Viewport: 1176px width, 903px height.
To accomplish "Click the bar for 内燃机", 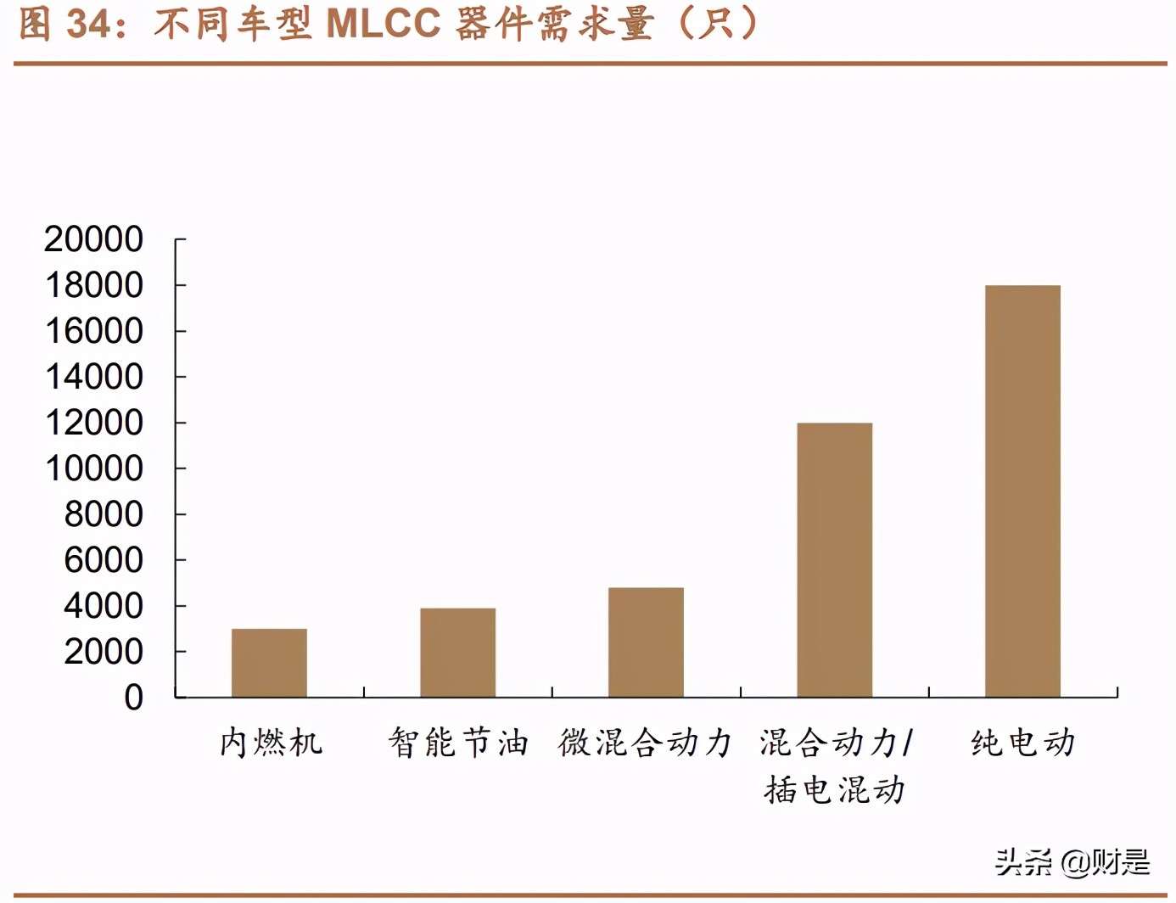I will (x=269, y=663).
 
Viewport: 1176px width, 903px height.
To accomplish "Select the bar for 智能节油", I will (x=457, y=653).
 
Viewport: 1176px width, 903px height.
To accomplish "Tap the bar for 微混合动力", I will (x=646, y=642).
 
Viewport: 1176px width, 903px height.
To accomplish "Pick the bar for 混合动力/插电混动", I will (x=834, y=560).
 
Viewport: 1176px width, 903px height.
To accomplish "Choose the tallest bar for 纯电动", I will (x=1022, y=491).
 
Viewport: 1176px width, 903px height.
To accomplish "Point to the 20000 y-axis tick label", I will (x=93, y=239).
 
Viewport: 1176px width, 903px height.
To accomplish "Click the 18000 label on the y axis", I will (x=93, y=285).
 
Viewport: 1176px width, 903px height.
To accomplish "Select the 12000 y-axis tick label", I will (x=93, y=423).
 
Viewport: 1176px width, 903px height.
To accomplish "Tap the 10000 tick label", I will (x=93, y=468).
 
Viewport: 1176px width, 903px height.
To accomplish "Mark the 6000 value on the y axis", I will (x=103, y=560).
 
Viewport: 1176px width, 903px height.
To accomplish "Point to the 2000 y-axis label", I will (x=103, y=652).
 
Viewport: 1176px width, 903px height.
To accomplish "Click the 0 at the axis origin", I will (x=133, y=698).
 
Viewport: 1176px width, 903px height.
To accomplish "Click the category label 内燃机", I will (x=271, y=743).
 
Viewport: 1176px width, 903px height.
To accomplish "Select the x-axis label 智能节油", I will (x=458, y=743).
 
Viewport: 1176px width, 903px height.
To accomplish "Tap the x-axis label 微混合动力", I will (x=645, y=743).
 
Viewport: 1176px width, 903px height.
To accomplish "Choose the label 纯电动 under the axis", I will (x=1022, y=743).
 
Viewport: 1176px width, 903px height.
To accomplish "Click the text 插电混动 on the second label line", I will (x=834, y=790).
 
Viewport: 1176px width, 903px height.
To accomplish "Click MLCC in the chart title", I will (x=384, y=24).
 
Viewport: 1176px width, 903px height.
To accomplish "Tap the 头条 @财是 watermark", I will (x=1072, y=862).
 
